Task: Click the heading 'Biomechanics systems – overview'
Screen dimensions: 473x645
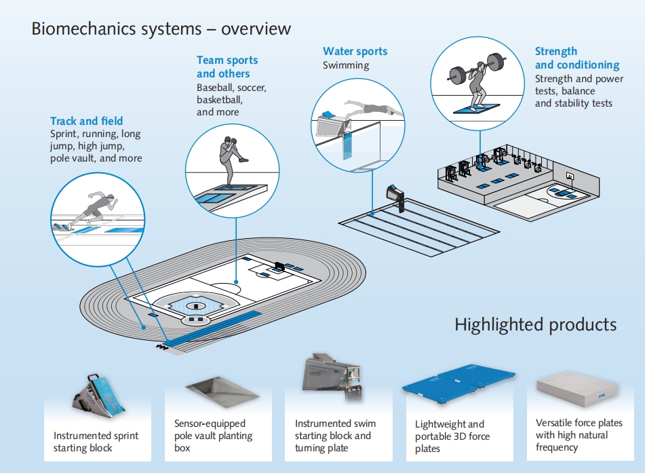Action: pyautogui.click(x=161, y=29)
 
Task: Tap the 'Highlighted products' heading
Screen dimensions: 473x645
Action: pyautogui.click(x=536, y=324)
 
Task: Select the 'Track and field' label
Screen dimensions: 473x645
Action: pyautogui.click(x=86, y=121)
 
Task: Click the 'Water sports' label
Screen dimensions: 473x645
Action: pyautogui.click(x=355, y=52)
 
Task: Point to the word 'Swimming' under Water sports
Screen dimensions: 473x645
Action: pyautogui.click(x=346, y=65)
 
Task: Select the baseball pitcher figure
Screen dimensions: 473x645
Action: pyautogui.click(x=227, y=159)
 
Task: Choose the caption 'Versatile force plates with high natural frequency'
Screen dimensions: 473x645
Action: pyautogui.click(x=579, y=435)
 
